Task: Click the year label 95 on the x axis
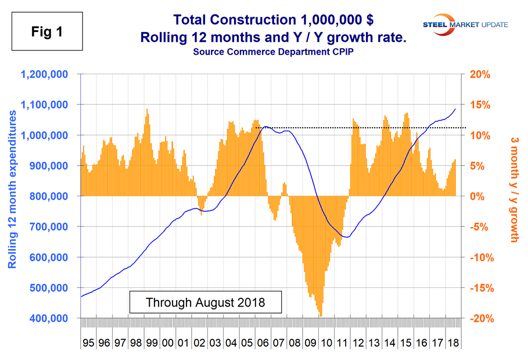(88, 343)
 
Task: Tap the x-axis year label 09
(309, 343)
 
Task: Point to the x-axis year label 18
(451, 343)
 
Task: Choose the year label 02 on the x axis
(199, 343)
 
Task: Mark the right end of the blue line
(455, 109)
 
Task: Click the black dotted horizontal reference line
(360, 127)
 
